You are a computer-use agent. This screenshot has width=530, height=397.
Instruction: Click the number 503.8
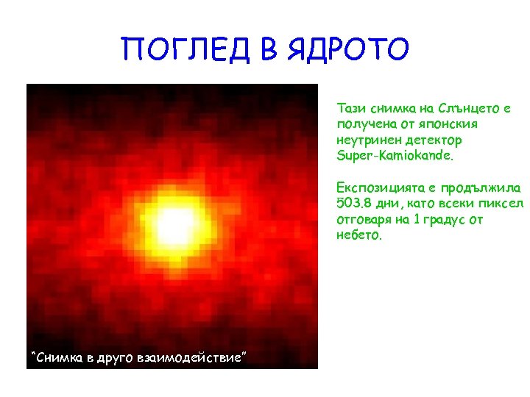coord(351,204)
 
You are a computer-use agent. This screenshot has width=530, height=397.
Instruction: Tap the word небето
coord(358,236)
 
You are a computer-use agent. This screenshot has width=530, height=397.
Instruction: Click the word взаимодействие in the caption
coord(192,358)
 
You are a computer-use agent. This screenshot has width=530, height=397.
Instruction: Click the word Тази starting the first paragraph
coord(350,108)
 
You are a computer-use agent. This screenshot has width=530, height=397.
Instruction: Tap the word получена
coord(361,124)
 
